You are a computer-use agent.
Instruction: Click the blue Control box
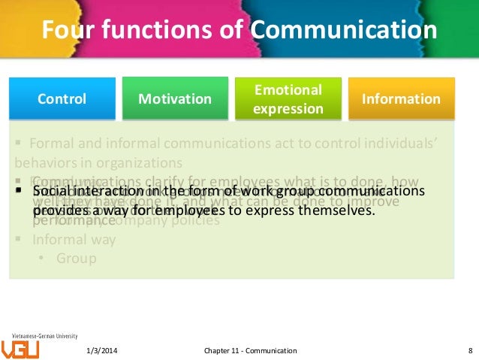[62, 98]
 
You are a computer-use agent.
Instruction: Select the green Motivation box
[176, 98]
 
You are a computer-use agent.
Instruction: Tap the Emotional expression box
[288, 98]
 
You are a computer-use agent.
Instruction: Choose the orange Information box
[401, 98]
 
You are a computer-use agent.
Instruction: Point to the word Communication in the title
[343, 31]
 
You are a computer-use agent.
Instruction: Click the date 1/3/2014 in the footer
[101, 350]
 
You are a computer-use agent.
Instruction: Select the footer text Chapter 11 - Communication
[251, 350]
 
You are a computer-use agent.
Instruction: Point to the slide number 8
[469, 350]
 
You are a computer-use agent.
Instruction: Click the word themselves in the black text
[336, 210]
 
